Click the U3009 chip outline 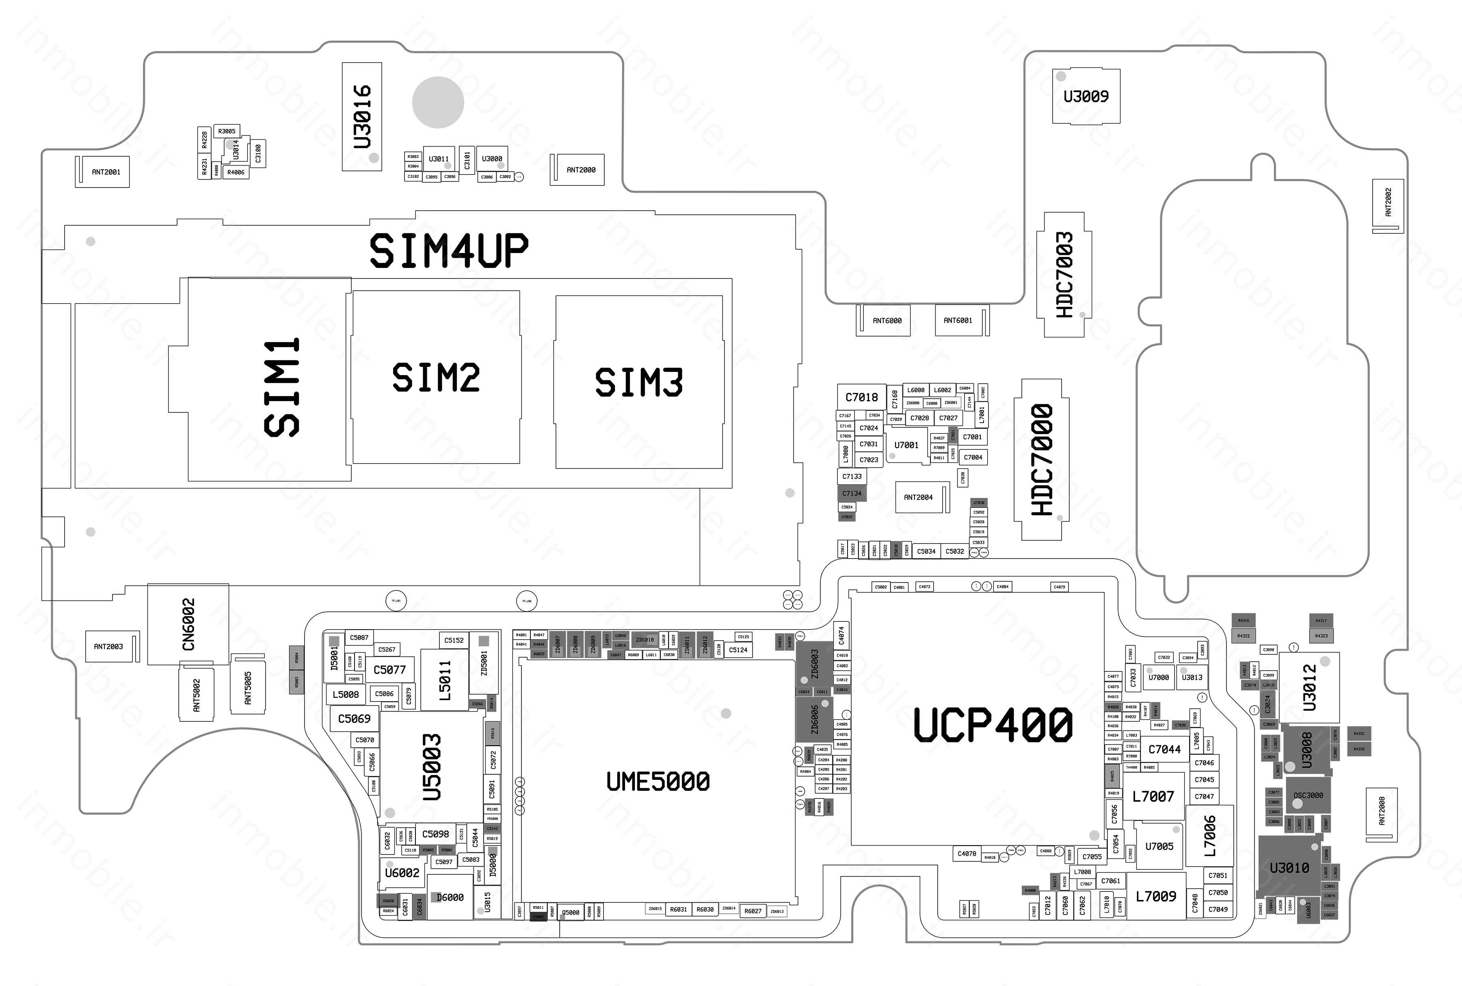(1086, 96)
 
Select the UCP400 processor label (993, 725)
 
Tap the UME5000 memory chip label (658, 782)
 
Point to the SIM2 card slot (436, 377)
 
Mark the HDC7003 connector (1064, 275)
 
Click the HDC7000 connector (1042, 460)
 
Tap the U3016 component (362, 117)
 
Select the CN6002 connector (188, 624)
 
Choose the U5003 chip (432, 767)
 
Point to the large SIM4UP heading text (448, 251)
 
